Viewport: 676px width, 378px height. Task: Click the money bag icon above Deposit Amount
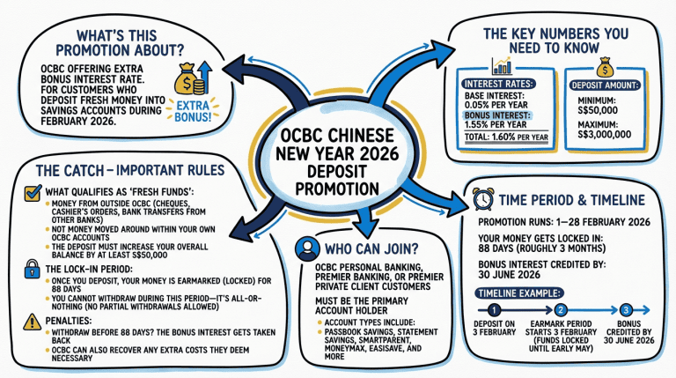pos(603,65)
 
